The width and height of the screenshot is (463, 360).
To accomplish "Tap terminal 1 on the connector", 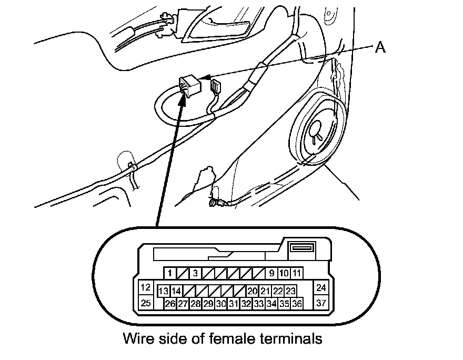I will [x=170, y=273].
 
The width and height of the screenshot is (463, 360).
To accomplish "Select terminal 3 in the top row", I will [x=195, y=273].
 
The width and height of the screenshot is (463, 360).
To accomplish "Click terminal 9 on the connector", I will [x=271, y=273].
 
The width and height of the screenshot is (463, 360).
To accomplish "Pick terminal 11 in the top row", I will [x=297, y=273].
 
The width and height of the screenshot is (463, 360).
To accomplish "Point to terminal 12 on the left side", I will [x=146, y=288].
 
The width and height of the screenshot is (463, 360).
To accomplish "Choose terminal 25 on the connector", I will [x=146, y=303].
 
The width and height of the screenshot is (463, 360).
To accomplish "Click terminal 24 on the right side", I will [x=321, y=288].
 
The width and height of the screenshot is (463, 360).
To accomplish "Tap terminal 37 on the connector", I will [x=321, y=303].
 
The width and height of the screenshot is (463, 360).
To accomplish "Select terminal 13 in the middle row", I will [x=164, y=291].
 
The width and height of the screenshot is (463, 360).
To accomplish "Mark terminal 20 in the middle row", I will [x=253, y=291].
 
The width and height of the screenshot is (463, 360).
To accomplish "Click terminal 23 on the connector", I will [x=290, y=291].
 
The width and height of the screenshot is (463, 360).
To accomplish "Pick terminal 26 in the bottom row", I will [x=170, y=304].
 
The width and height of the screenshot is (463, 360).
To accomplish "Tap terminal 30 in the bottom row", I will [x=221, y=304].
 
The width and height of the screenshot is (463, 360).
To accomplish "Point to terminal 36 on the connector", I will [x=297, y=304].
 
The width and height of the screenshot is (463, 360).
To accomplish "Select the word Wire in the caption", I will [x=137, y=338].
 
